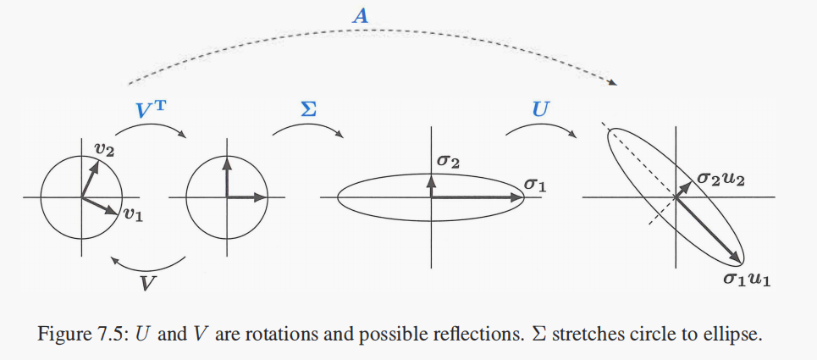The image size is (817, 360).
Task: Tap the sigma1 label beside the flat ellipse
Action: (537, 183)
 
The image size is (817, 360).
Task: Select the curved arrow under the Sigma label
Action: (306, 129)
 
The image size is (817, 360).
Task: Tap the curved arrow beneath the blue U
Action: (539, 129)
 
